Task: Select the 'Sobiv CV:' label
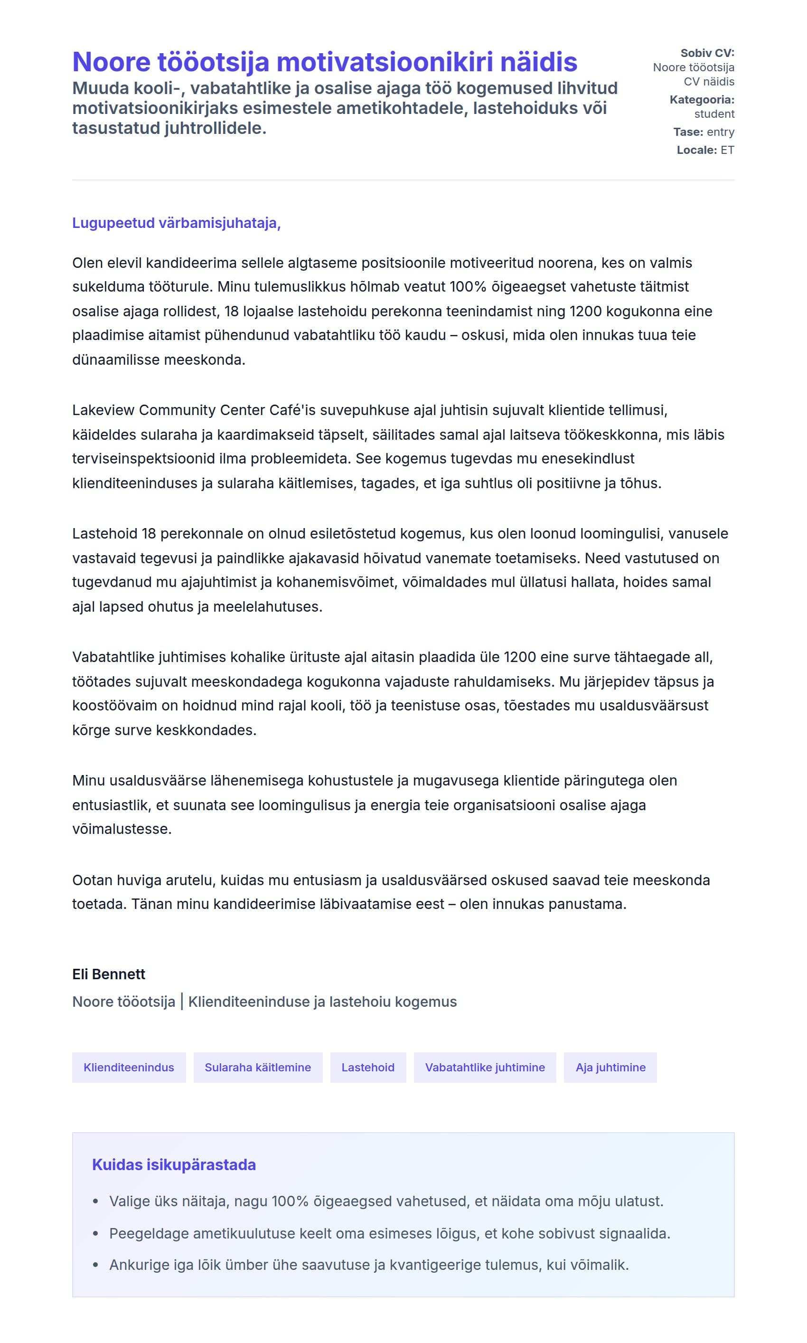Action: point(707,53)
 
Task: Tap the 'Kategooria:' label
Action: point(702,100)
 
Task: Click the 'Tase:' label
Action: point(688,132)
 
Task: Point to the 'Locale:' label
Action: point(696,150)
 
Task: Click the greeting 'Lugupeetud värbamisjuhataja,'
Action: point(176,223)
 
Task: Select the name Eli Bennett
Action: point(109,974)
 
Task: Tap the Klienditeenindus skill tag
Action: point(129,1067)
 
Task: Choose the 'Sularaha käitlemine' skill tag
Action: point(258,1067)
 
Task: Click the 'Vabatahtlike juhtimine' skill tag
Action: point(485,1067)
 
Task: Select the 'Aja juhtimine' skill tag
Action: point(610,1067)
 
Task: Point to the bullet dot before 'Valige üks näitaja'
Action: point(96,1201)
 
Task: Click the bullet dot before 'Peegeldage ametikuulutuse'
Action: point(96,1233)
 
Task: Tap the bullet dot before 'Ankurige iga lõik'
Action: point(96,1265)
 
